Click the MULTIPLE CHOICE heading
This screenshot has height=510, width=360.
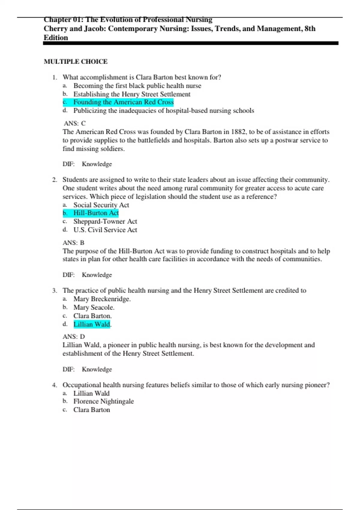pyautogui.click(x=76, y=61)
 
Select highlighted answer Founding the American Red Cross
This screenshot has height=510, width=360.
pyautogui.click(x=123, y=102)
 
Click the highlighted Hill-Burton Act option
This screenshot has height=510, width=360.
pyautogui.click(x=96, y=213)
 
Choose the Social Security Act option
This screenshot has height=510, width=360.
pyautogui.click(x=101, y=205)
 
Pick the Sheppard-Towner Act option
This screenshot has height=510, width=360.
pyautogui.click(x=105, y=221)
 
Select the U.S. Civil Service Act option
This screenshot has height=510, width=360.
pyautogui.click(x=105, y=230)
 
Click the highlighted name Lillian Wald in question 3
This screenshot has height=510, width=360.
pyautogui.click(x=92, y=324)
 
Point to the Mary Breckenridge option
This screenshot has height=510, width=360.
pyautogui.click(x=102, y=299)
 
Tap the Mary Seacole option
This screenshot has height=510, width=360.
pyautogui.click(x=94, y=307)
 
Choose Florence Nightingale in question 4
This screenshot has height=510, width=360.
pyautogui.click(x=103, y=401)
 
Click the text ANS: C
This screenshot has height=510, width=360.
pyautogui.click(x=75, y=123)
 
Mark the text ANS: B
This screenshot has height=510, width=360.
pyautogui.click(x=73, y=243)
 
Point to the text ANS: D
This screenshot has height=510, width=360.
pyautogui.click(x=74, y=337)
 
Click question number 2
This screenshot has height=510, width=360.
pyautogui.click(x=54, y=180)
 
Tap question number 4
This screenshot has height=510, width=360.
pyautogui.click(x=54, y=385)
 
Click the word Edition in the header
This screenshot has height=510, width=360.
pyautogui.click(x=56, y=38)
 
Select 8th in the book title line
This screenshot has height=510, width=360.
pyautogui.click(x=310, y=29)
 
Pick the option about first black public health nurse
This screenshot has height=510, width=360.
pyautogui.click(x=137, y=86)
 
